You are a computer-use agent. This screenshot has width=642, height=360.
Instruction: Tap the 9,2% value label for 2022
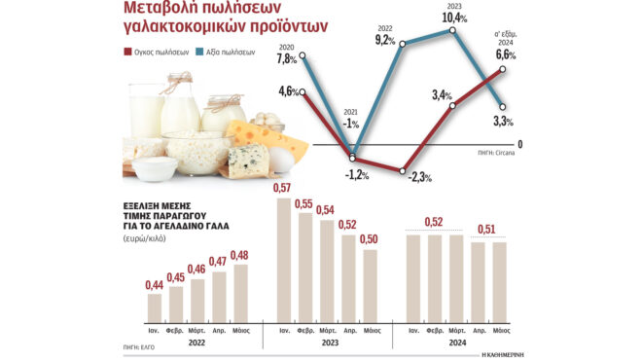tap(384, 41)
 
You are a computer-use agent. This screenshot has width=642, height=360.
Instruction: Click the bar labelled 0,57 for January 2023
tap(285, 259)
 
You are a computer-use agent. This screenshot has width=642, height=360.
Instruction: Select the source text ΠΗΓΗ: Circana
tap(500, 153)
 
